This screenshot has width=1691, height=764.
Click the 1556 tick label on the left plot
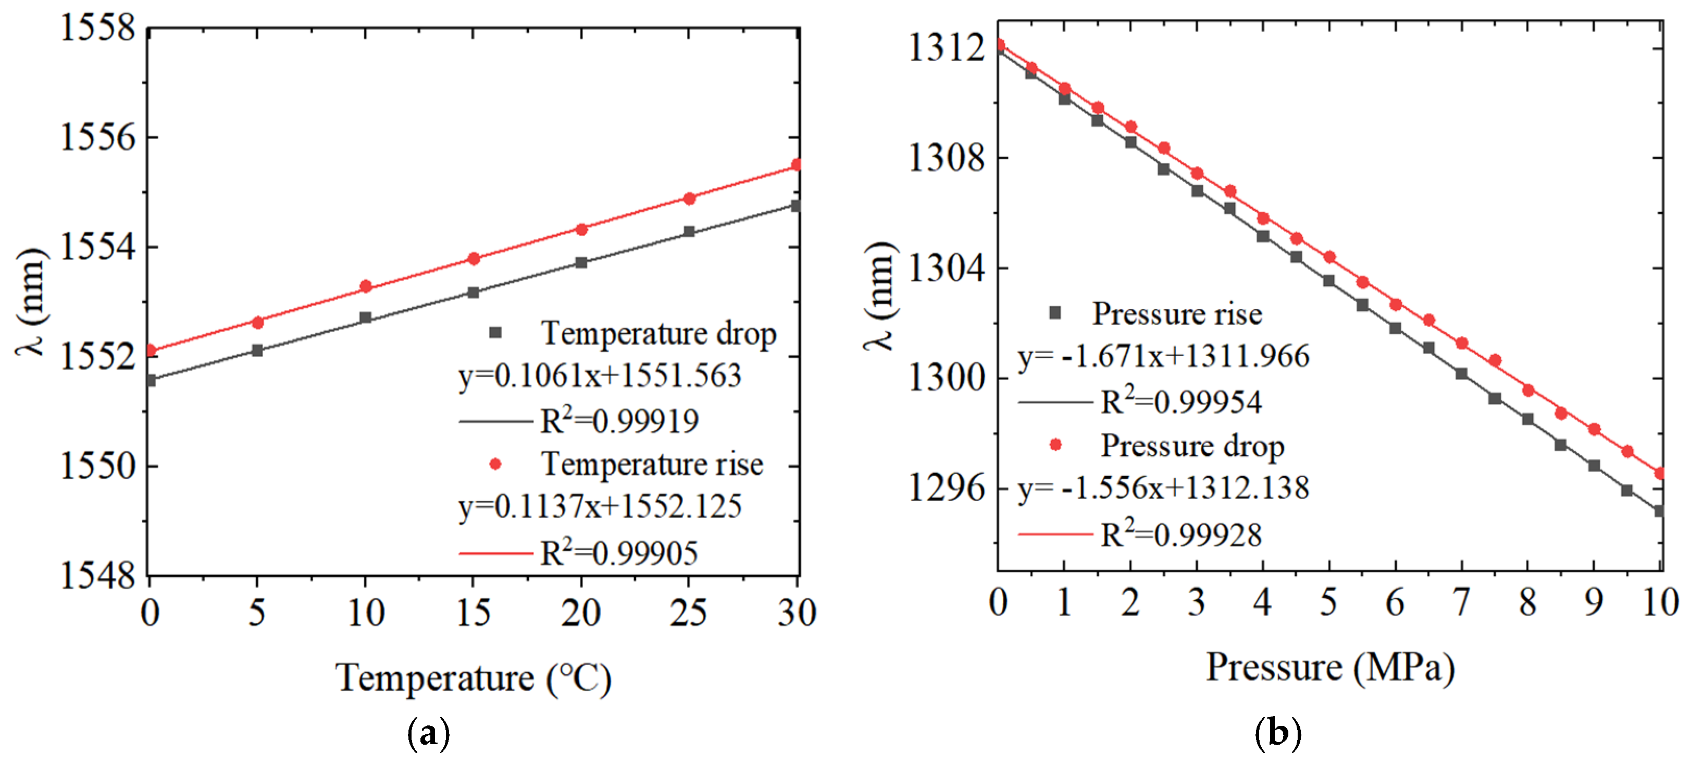(97, 138)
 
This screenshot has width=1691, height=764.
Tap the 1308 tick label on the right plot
(946, 159)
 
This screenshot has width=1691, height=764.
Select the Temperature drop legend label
(658, 334)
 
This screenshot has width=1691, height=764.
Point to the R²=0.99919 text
(618, 421)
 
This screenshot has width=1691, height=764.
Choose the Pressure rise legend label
(1176, 314)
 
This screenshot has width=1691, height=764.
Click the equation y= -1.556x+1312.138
(1163, 488)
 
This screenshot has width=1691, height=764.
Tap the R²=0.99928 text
(1180, 535)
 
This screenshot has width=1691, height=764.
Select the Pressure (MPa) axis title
(1330, 668)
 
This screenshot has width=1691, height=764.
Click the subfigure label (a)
(429, 733)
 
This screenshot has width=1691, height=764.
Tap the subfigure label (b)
(1277, 733)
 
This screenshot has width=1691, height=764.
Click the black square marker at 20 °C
(581, 263)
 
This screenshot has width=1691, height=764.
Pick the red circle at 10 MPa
(1660, 474)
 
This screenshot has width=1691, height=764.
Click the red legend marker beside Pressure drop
(1055, 445)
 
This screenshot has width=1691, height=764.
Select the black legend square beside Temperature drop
(495, 333)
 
